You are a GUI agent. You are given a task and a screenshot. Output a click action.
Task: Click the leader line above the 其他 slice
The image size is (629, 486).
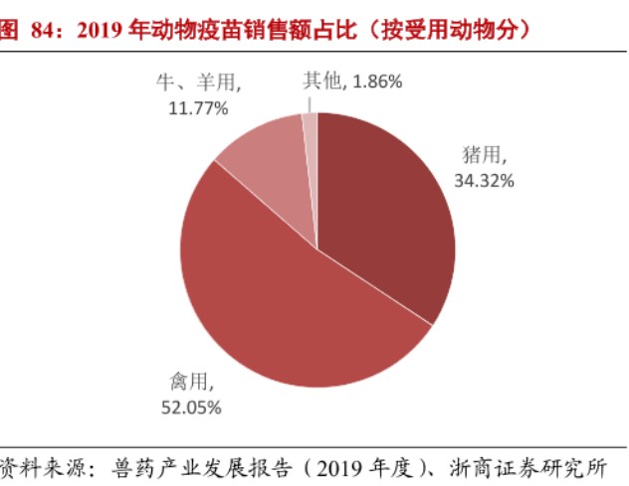coord(310,102)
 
